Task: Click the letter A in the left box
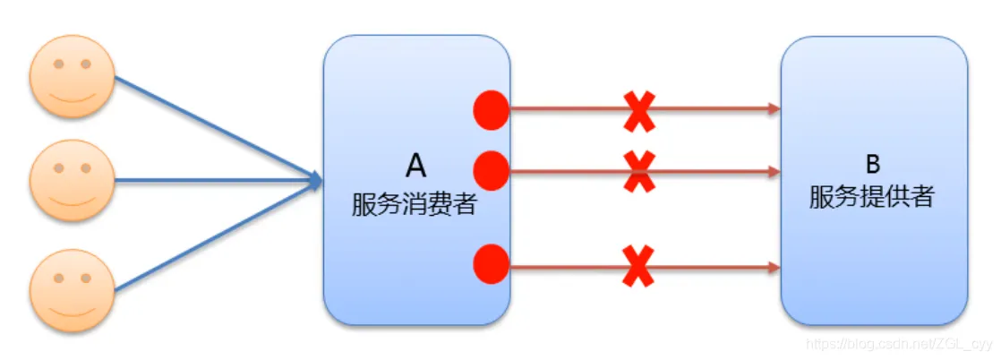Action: click(x=416, y=167)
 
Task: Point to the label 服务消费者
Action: click(x=414, y=205)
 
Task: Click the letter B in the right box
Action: click(x=873, y=164)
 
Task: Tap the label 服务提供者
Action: click(x=872, y=197)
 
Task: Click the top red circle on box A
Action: click(x=491, y=110)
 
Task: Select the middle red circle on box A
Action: click(x=491, y=170)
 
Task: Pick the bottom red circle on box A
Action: click(x=491, y=264)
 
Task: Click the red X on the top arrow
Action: click(x=638, y=111)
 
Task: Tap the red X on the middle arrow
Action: click(x=638, y=170)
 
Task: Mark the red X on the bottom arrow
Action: click(x=638, y=265)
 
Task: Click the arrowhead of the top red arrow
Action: click(x=774, y=110)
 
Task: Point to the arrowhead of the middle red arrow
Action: click(x=774, y=170)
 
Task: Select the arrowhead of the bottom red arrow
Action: click(x=774, y=266)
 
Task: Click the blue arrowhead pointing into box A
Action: click(x=314, y=181)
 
